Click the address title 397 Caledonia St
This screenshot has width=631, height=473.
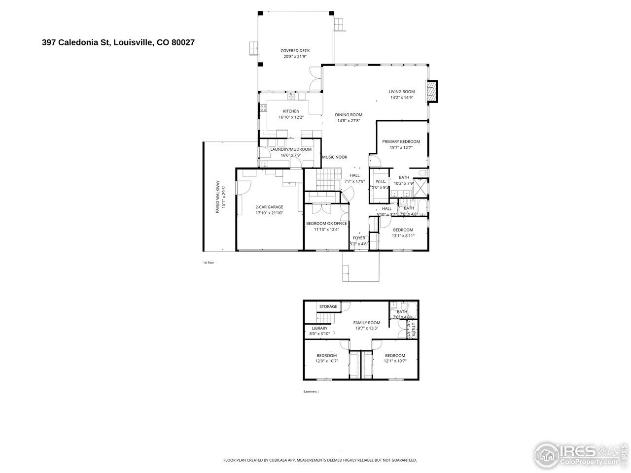click(x=118, y=42)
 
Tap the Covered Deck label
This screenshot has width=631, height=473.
click(x=295, y=51)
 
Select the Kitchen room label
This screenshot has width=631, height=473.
click(x=291, y=111)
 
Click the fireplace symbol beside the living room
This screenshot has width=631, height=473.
click(x=432, y=92)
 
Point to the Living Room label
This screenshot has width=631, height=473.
click(x=401, y=92)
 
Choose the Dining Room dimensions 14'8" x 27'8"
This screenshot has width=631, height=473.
click(x=349, y=121)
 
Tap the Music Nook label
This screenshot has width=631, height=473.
click(x=335, y=157)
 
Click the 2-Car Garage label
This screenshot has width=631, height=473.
click(x=269, y=207)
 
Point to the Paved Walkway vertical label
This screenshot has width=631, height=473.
click(x=217, y=197)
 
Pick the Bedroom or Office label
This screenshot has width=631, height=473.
click(x=326, y=223)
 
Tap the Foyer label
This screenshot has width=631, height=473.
click(x=359, y=238)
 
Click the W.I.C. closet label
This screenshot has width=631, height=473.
click(x=381, y=182)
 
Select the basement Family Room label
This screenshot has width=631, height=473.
click(x=366, y=323)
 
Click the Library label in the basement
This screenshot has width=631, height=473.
click(x=319, y=328)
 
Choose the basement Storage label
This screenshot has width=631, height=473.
click(x=328, y=306)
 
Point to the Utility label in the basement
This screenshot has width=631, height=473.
click(x=414, y=329)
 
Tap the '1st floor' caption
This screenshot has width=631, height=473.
click(x=209, y=263)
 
